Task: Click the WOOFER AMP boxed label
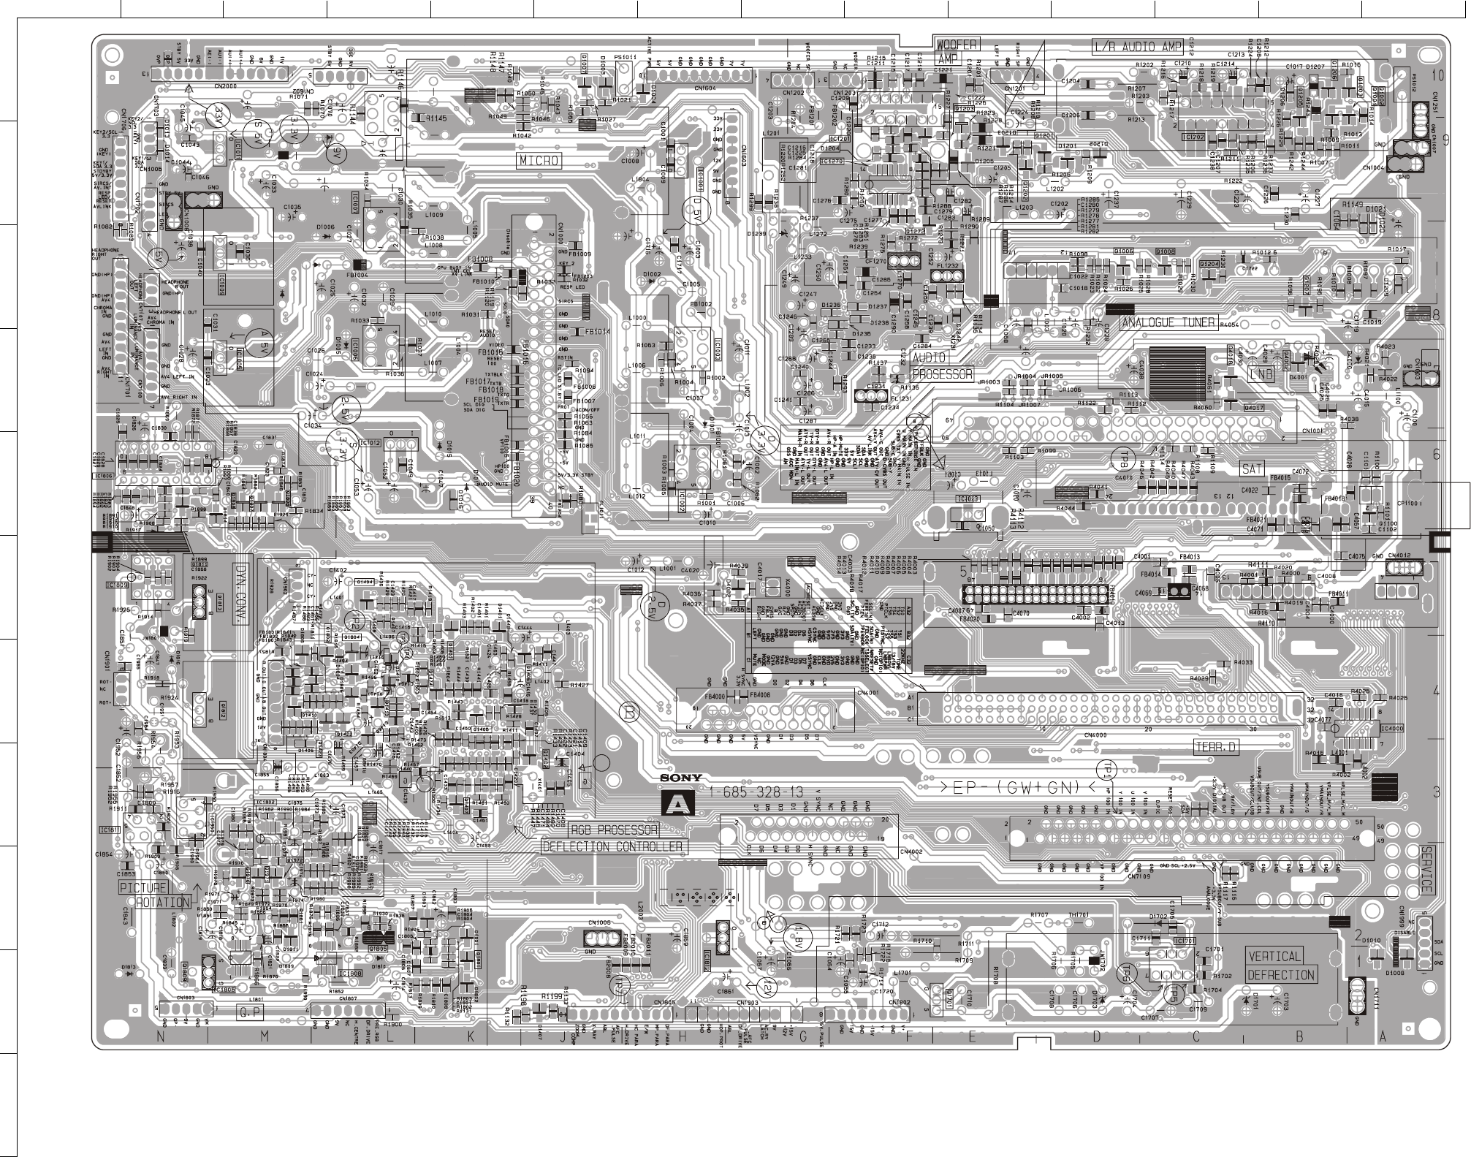click(957, 50)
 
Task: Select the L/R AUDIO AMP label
click(1137, 47)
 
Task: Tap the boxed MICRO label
click(539, 160)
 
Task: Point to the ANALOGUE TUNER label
click(1168, 322)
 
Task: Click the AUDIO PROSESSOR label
click(943, 365)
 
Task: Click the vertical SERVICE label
click(1426, 870)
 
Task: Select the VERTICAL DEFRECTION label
click(1280, 965)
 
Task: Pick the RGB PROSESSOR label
click(614, 830)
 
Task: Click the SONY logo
click(681, 778)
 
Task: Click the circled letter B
click(629, 710)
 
